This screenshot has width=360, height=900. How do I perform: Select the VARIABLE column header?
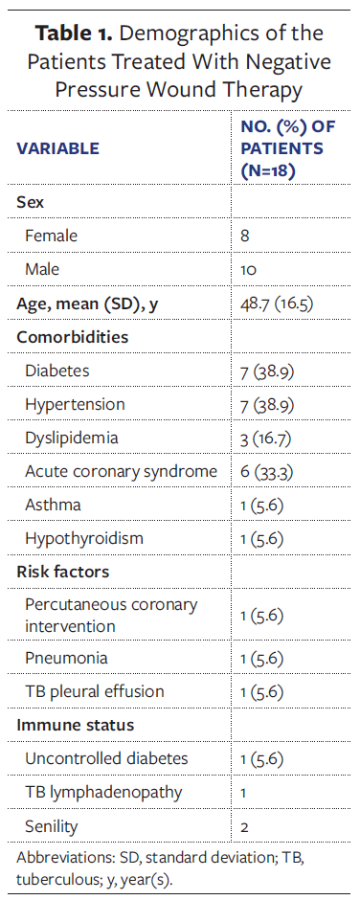56,148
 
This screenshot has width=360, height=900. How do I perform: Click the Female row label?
52,236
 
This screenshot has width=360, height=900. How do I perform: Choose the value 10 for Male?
248,270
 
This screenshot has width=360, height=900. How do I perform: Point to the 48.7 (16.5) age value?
277,304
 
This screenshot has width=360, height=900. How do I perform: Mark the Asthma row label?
53,505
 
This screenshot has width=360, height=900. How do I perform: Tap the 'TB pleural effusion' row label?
95,691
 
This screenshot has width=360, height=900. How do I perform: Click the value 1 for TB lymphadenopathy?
243,792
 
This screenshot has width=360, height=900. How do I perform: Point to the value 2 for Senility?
244,825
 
